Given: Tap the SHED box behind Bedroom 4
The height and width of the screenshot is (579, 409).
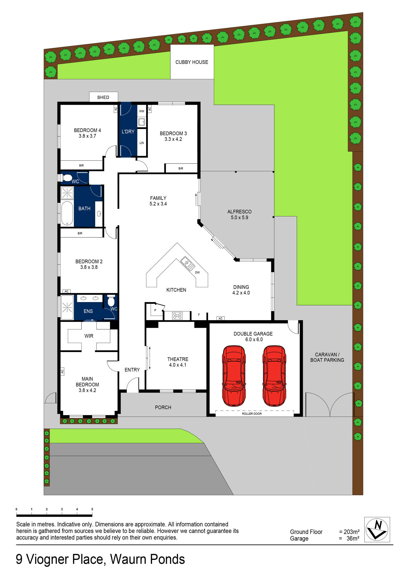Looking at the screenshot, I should [103, 97].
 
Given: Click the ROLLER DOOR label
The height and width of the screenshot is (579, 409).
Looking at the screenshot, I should [252, 414].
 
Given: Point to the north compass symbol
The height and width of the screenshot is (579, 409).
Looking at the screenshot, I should [377, 530].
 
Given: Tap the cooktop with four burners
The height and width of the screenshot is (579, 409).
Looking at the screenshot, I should [177, 316].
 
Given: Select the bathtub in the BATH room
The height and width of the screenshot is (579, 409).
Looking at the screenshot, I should [67, 213].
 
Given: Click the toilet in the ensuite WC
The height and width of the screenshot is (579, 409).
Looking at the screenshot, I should [111, 301].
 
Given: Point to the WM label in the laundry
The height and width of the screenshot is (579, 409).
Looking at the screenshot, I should [142, 111].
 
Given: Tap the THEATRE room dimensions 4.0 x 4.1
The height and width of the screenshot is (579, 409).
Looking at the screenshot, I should [177, 365].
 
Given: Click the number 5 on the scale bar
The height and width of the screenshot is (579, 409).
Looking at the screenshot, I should [92, 509].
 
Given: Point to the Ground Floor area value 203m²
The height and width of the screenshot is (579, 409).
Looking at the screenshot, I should [351, 532].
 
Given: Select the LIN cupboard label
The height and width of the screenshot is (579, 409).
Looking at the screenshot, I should [142, 143].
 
